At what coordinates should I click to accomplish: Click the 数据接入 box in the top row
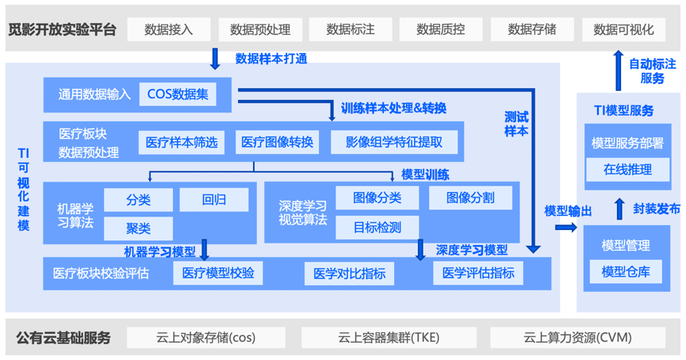(x=169, y=29)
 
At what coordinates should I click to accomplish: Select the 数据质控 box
(x=441, y=29)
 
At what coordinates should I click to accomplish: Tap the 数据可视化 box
(x=623, y=29)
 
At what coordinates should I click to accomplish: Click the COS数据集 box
(x=178, y=94)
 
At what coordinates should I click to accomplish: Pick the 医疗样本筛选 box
(x=182, y=143)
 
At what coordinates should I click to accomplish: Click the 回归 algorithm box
(x=213, y=200)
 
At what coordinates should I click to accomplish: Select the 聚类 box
(x=138, y=228)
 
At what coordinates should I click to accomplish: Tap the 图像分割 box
(x=470, y=197)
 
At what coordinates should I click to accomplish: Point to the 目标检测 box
(x=377, y=228)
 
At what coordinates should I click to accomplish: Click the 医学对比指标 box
(x=349, y=274)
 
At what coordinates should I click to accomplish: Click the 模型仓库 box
(x=626, y=271)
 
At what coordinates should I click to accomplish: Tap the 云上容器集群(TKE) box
(x=388, y=338)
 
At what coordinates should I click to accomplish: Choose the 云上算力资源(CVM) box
(x=577, y=338)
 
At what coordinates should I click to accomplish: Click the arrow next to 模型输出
(x=566, y=228)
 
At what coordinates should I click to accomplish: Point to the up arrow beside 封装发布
(x=619, y=209)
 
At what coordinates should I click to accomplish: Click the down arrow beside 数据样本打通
(x=215, y=59)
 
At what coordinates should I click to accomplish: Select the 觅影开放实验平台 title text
(x=63, y=30)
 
